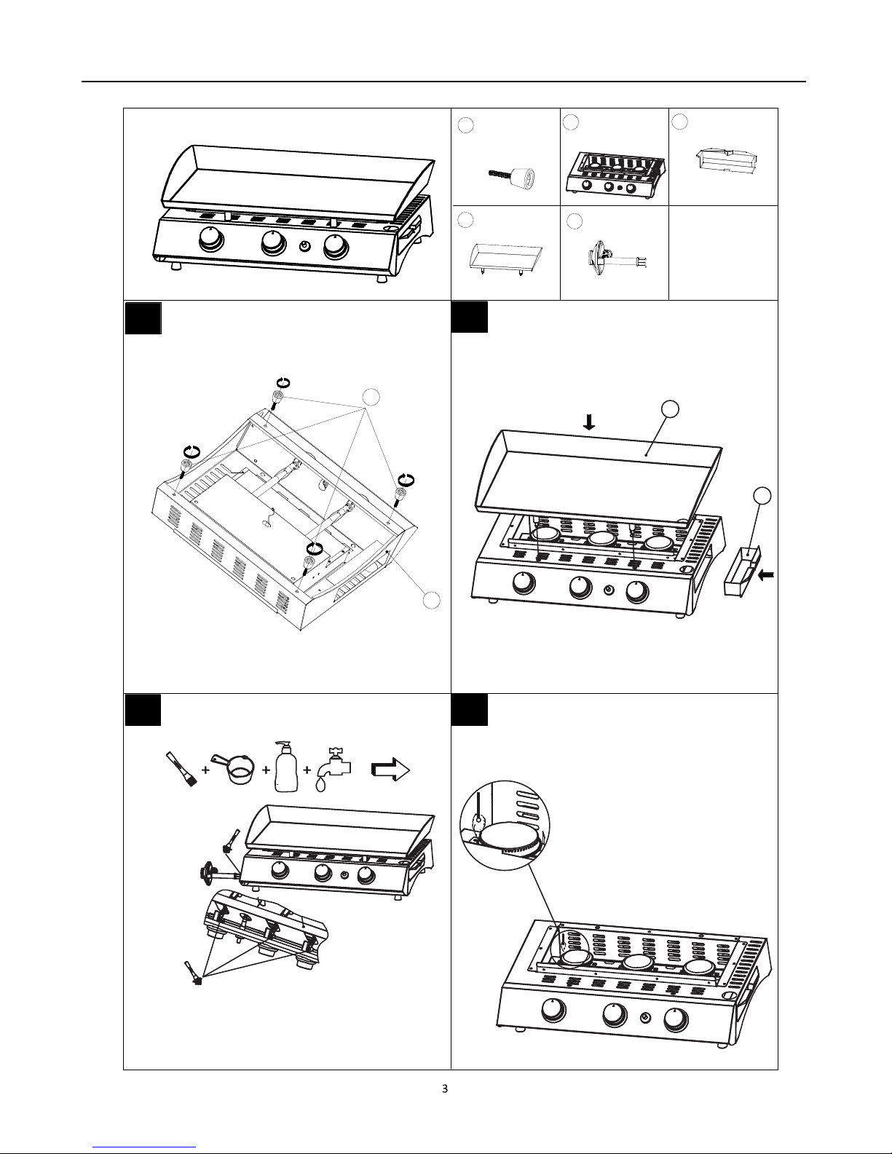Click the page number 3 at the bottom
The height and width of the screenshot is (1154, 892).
(445, 1088)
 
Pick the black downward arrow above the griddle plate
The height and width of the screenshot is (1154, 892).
(589, 422)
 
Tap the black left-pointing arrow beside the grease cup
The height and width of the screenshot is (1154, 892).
(767, 574)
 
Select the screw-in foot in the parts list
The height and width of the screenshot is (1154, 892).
(510, 175)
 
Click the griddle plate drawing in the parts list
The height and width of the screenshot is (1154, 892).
(505, 259)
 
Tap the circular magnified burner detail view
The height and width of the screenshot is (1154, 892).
(505, 826)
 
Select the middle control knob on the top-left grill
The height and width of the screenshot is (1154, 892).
(274, 244)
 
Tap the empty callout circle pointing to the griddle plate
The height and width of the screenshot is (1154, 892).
(671, 408)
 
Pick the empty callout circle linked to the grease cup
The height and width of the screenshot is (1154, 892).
(762, 495)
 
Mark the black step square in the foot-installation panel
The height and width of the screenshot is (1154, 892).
(143, 318)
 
